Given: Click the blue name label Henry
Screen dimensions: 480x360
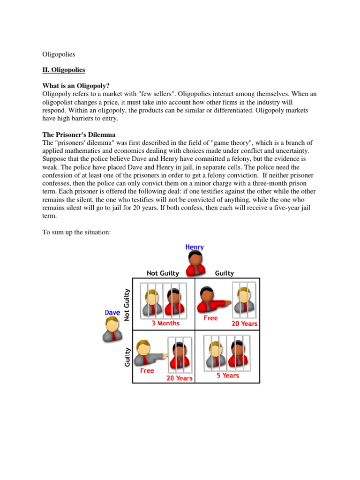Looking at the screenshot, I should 195,247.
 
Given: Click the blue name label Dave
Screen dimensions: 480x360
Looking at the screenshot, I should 112,312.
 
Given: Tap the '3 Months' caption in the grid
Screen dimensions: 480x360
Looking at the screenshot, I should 165,323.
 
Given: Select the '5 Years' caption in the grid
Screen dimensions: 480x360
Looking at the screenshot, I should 228,375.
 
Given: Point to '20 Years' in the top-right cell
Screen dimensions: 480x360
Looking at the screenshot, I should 245,323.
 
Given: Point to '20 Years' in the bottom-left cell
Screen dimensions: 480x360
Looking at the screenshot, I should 180,378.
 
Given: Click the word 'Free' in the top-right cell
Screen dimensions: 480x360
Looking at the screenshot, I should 210,318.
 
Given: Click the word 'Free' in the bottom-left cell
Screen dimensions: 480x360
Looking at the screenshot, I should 147,370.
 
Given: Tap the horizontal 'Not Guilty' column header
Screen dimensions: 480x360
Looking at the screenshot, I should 163,273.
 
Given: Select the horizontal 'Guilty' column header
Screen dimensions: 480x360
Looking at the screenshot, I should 224,273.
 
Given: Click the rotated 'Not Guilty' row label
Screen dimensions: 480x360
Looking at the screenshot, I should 127,305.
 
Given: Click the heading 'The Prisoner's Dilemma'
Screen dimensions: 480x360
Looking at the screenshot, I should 79,135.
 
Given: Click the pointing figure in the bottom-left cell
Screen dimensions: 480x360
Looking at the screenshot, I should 148,354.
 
